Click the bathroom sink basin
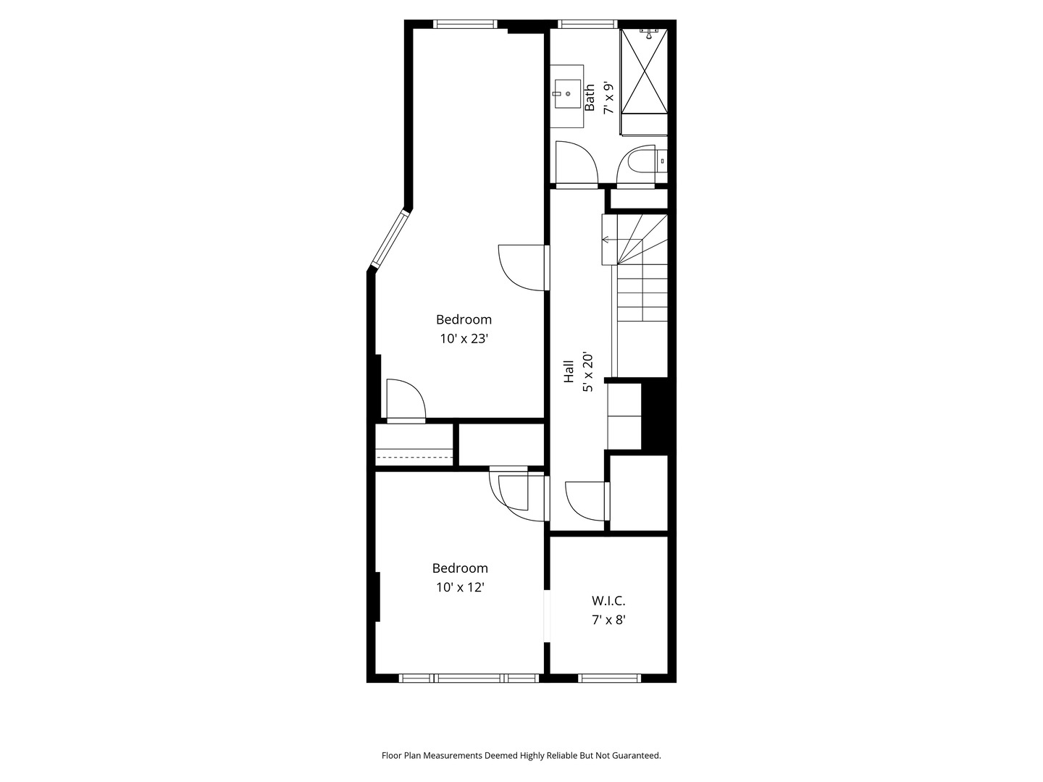pos(567,93)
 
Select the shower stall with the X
pos(645,71)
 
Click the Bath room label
pos(589,97)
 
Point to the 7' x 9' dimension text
pos(608,98)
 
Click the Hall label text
pos(569,371)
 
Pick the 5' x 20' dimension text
pos(588,372)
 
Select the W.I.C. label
pos(608,601)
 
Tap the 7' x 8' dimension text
pos(608,620)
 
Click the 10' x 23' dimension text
pos(464,339)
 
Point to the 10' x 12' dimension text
pos(460,587)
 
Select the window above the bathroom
pos(587,24)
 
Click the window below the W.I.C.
pos(609,678)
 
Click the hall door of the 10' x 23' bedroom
pos(524,268)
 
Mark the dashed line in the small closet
pos(414,458)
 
